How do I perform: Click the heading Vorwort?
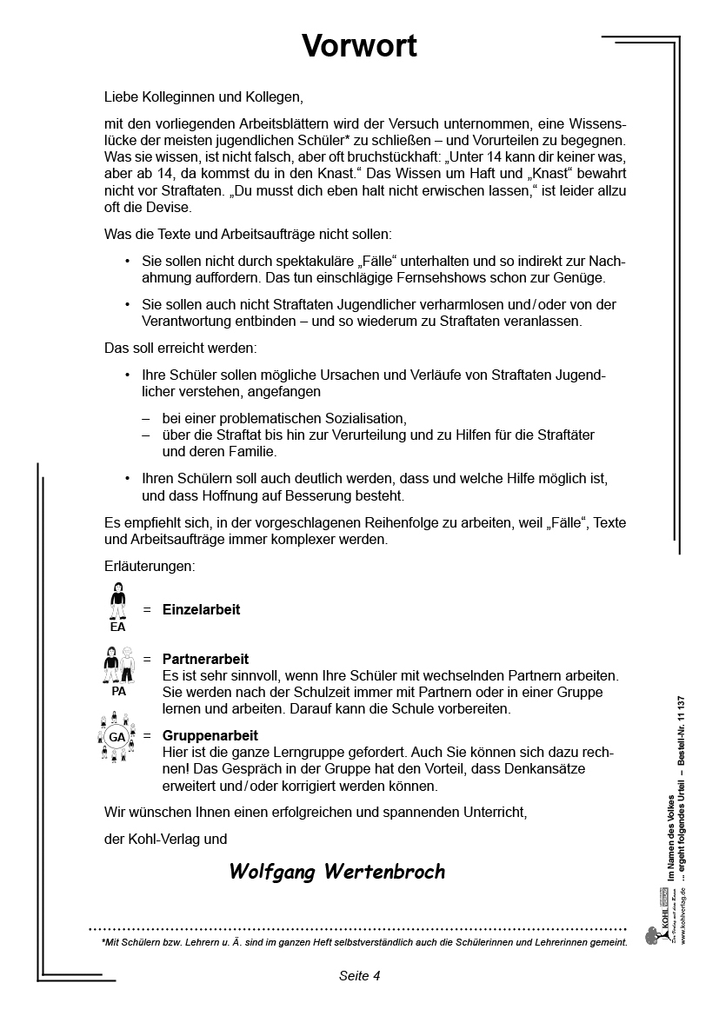359,45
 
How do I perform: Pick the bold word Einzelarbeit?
201,609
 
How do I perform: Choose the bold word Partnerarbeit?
205,660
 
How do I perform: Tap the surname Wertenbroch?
383,872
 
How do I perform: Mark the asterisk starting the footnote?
103,941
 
